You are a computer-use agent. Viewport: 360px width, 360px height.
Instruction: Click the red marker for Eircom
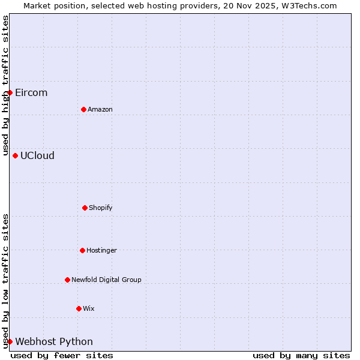[10, 92]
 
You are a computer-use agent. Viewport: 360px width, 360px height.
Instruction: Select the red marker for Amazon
[83, 109]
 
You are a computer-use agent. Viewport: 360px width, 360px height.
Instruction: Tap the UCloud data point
[15, 155]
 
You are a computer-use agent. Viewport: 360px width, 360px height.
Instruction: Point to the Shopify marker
[85, 208]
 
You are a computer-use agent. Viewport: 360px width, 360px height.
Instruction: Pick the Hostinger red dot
[82, 250]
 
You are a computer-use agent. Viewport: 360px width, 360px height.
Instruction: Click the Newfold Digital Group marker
[67, 280]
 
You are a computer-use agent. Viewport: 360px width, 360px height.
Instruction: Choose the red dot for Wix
[79, 308]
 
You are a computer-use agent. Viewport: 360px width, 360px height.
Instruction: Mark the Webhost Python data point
[10, 341]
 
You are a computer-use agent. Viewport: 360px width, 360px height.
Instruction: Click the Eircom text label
[31, 92]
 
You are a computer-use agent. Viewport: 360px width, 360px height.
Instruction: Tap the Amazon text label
[100, 109]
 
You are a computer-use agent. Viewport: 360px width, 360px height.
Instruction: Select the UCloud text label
[37, 155]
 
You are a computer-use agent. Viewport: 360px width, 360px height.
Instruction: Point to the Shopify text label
[101, 208]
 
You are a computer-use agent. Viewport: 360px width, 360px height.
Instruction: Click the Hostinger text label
[101, 250]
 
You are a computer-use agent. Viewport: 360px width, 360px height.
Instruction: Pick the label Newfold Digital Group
[106, 280]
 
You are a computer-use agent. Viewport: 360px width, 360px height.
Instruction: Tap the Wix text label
[89, 308]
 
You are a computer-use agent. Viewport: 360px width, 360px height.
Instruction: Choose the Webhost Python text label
[54, 341]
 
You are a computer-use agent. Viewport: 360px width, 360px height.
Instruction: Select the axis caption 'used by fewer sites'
[62, 355]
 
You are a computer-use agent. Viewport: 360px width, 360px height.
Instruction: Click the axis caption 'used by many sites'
[301, 355]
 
